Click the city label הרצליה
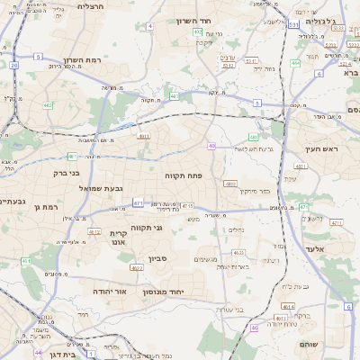91,6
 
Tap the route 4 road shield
149,26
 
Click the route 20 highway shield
14,66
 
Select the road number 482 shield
47,105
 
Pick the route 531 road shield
293,25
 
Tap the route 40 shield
211,146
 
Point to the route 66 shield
255,328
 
